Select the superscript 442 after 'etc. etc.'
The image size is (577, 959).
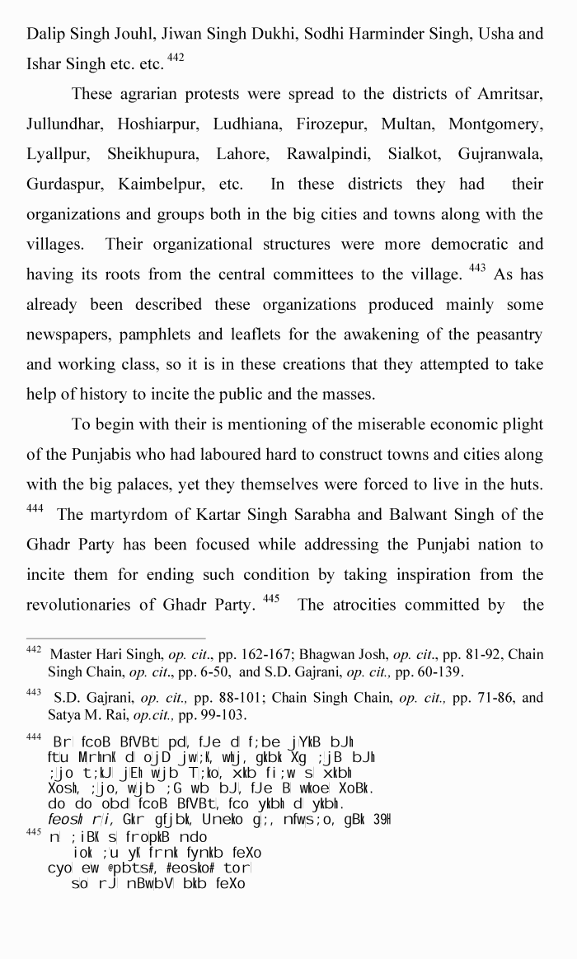(x=174, y=58)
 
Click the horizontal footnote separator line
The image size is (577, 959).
(x=115, y=638)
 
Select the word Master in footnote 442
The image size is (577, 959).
(x=72, y=655)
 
